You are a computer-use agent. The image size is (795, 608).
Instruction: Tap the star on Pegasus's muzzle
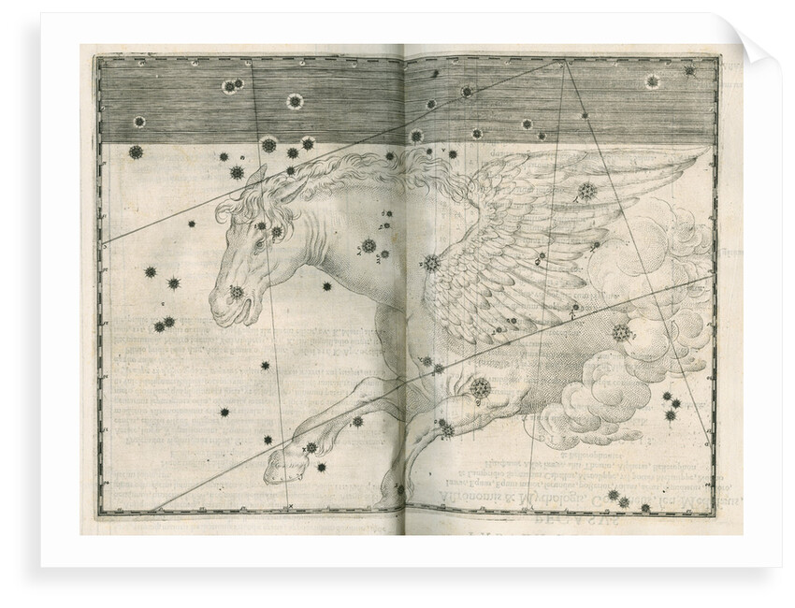pyautogui.click(x=236, y=293)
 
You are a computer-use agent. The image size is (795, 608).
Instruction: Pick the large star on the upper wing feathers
pyautogui.click(x=586, y=191)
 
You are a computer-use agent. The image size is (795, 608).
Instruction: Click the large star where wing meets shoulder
pyautogui.click(x=431, y=263)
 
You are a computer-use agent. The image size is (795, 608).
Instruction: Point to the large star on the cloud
pyautogui.click(x=619, y=332)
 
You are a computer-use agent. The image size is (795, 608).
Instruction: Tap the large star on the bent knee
pyautogui.click(x=481, y=388)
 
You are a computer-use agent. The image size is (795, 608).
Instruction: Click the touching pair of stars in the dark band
pyautogui.click(x=232, y=87)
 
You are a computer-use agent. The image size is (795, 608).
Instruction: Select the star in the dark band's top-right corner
pyautogui.click(x=689, y=70)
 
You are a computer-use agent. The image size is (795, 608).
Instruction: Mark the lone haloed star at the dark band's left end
pyautogui.click(x=140, y=122)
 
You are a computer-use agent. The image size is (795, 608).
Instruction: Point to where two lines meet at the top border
pyautogui.click(x=564, y=63)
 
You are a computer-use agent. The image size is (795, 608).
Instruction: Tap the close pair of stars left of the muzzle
pyautogui.click(x=165, y=325)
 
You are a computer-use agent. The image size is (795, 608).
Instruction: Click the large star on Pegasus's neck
pyautogui.click(x=369, y=246)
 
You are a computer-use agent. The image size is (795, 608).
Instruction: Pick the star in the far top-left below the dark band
pyautogui.click(x=136, y=152)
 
